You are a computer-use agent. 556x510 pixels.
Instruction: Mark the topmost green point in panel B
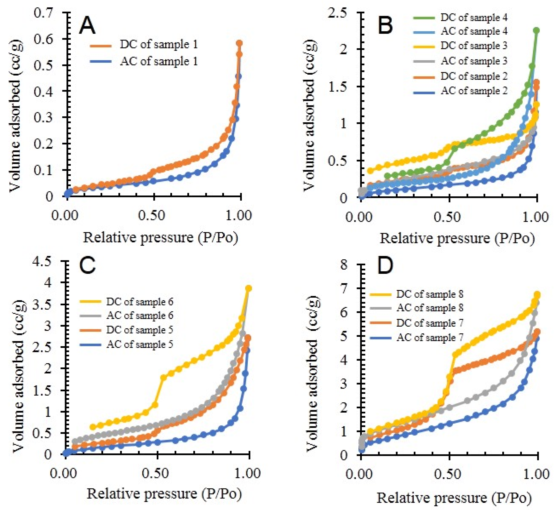[x=536, y=30]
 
